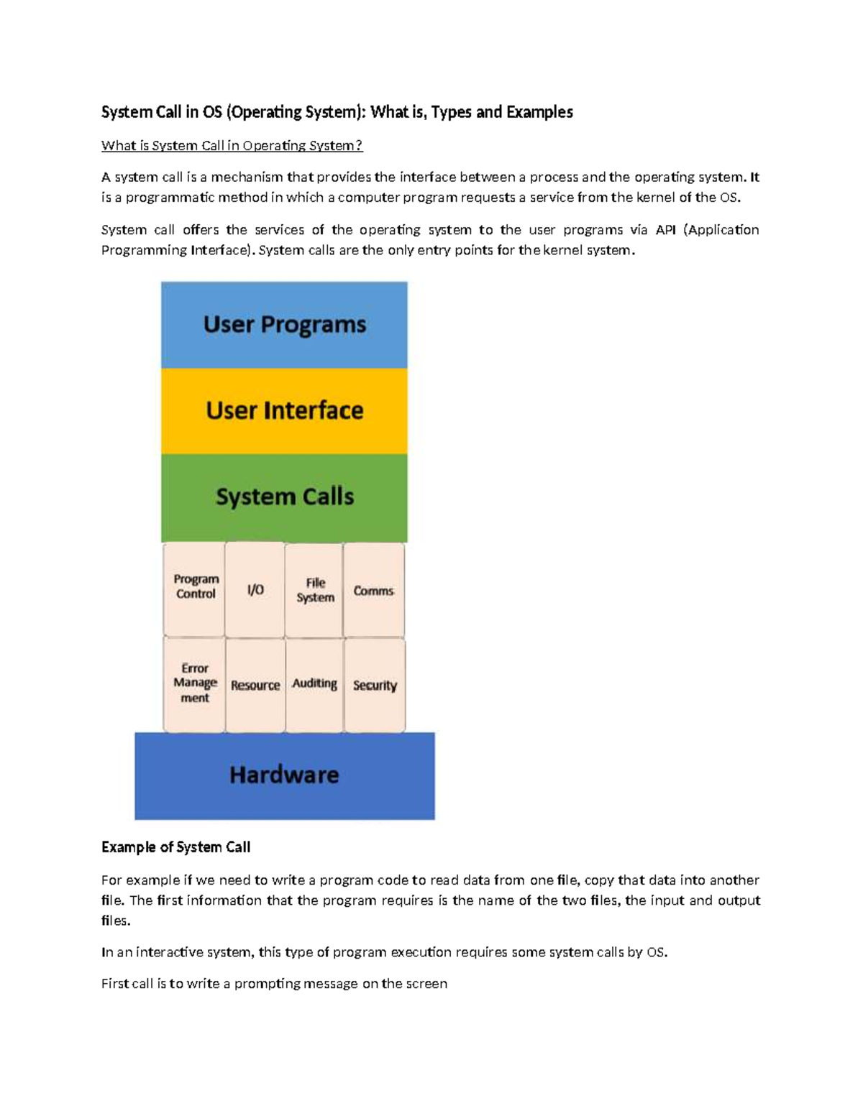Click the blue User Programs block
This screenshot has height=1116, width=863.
pyautogui.click(x=284, y=325)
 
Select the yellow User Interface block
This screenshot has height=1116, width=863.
pyautogui.click(x=284, y=411)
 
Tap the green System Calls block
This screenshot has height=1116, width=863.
pyautogui.click(x=284, y=497)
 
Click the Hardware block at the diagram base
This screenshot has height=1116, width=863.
pyautogui.click(x=284, y=775)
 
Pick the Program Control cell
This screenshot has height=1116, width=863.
pyautogui.click(x=195, y=588)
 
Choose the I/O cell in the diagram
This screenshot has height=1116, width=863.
pyautogui.click(x=255, y=590)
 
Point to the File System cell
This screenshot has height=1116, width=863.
pyautogui.click(x=315, y=590)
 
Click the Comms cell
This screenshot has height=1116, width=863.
pyautogui.click(x=373, y=591)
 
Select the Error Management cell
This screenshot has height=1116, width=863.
pyautogui.click(x=195, y=683)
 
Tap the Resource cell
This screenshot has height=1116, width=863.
pyautogui.click(x=255, y=686)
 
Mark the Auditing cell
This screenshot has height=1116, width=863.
pyautogui.click(x=314, y=684)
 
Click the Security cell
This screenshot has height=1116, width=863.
pyautogui.click(x=375, y=686)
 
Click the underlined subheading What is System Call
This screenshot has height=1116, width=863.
pyautogui.click(x=232, y=146)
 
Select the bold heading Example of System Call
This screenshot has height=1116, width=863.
pyautogui.click(x=175, y=847)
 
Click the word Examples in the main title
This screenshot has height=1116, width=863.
pyautogui.click(x=539, y=112)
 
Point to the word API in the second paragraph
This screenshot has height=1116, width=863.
pyautogui.click(x=665, y=230)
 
